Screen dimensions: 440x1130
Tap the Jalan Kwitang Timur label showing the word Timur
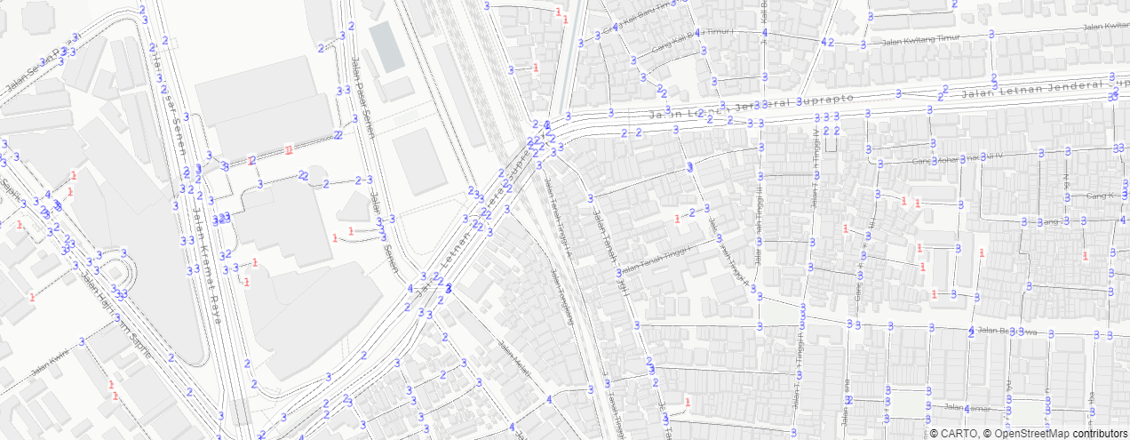902,40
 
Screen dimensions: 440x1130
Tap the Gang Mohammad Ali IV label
959,160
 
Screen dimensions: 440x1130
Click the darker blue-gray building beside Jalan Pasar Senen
386,46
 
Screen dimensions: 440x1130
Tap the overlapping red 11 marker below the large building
287,149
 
